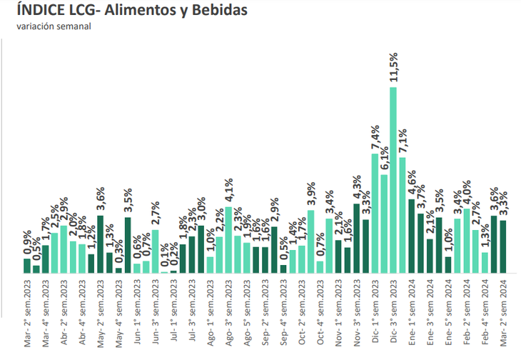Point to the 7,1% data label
click(x=403, y=140)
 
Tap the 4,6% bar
click(x=412, y=236)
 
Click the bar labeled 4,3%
click(x=357, y=239)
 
